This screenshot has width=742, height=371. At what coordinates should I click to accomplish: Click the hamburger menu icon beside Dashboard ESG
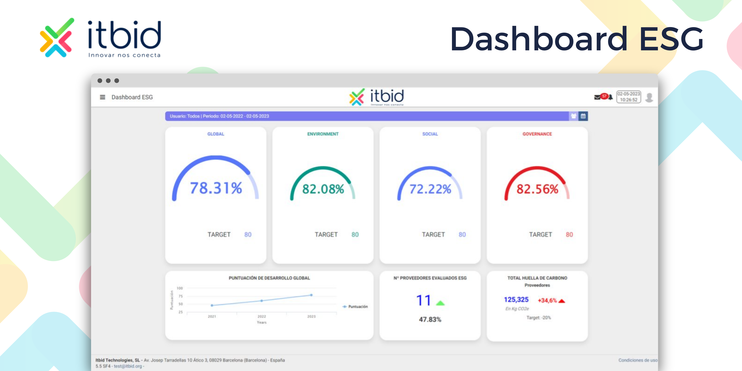click(102, 97)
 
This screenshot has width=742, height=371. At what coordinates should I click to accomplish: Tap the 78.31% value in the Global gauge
click(216, 188)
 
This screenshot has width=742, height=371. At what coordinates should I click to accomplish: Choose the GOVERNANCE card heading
click(537, 134)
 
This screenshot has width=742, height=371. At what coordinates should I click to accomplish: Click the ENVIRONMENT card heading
click(323, 134)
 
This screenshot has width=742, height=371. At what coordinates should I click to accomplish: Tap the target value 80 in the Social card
click(462, 234)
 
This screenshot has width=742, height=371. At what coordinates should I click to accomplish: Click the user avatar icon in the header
click(649, 97)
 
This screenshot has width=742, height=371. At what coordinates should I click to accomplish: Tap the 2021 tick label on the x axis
click(212, 316)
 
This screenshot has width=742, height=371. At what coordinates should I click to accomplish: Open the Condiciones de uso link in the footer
click(638, 360)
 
